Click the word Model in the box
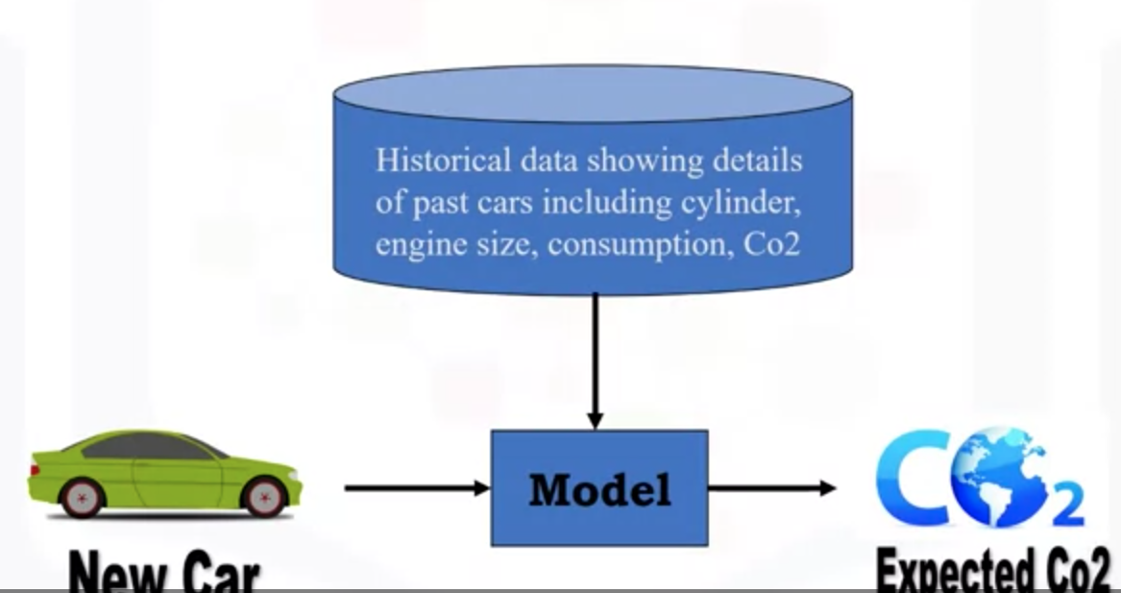click(x=599, y=490)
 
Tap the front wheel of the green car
click(x=264, y=496)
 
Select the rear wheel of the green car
click(x=81, y=497)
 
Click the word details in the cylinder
click(x=756, y=160)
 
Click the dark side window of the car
click(x=154, y=447)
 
